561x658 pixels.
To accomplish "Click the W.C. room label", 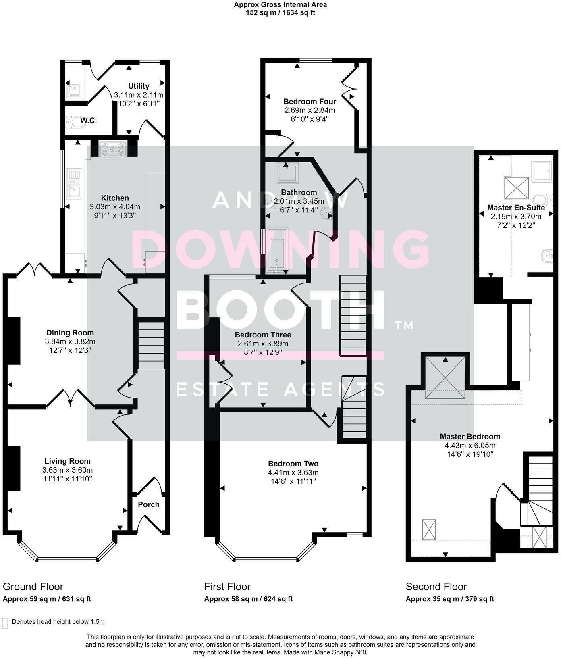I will (x=88, y=121).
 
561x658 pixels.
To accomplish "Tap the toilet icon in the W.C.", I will (x=74, y=121).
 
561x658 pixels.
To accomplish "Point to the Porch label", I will (x=149, y=504).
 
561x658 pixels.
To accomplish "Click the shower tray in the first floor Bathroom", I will (x=287, y=173).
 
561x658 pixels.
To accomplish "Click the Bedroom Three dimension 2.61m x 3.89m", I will (x=263, y=344).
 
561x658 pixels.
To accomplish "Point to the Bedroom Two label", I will (x=293, y=464).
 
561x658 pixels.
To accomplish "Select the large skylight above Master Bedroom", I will (x=445, y=378).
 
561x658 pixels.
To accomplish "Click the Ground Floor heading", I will (x=33, y=587).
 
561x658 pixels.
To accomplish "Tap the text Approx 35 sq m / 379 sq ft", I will (x=450, y=599).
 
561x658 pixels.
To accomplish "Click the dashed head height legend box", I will (x=5, y=623).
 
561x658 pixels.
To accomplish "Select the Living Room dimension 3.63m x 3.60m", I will (x=67, y=470).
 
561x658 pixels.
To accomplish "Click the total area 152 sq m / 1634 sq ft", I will (x=280, y=12).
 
